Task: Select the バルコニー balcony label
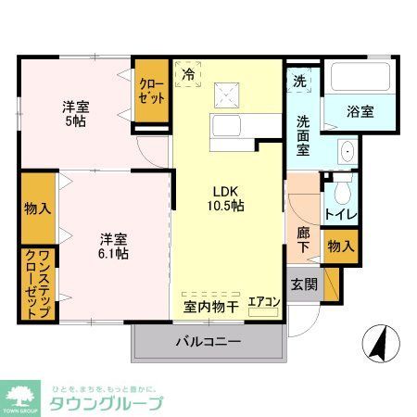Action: [x=208, y=341]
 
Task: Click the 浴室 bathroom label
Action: [x=360, y=112]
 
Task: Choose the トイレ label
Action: [x=340, y=216]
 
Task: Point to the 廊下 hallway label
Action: [x=304, y=242]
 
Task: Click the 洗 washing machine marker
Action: [x=298, y=81]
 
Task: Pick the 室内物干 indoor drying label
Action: [x=209, y=305]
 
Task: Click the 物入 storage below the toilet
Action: [x=340, y=246]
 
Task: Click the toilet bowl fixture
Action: [x=342, y=193]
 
